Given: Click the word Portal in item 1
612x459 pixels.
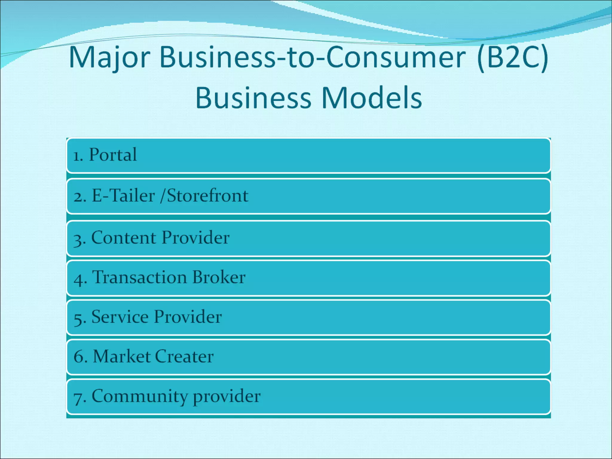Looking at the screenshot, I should click(113, 155).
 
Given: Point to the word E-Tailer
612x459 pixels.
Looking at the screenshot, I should click(123, 196).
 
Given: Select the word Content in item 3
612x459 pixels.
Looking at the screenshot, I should click(124, 238).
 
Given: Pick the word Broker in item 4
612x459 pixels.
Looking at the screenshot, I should click(219, 277).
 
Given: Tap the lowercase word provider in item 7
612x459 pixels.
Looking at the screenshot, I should click(227, 397).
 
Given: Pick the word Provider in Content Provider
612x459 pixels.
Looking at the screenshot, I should click(196, 238).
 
